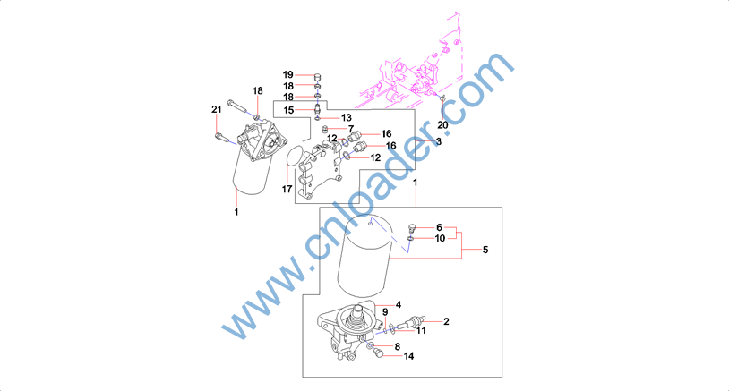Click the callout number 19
(288, 75)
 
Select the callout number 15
(288, 110)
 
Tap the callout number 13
(347, 118)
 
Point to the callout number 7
(351, 129)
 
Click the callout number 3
(439, 141)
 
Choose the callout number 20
(442, 125)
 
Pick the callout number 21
(217, 109)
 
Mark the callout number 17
(287, 189)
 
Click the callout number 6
(439, 227)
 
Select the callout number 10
(440, 238)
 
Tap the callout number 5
(485, 250)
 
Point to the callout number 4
(399, 305)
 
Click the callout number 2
(446, 321)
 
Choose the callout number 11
(421, 331)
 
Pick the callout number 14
(408, 356)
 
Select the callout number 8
(398, 346)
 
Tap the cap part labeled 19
(318, 77)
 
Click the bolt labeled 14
(378, 353)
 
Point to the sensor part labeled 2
(410, 321)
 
